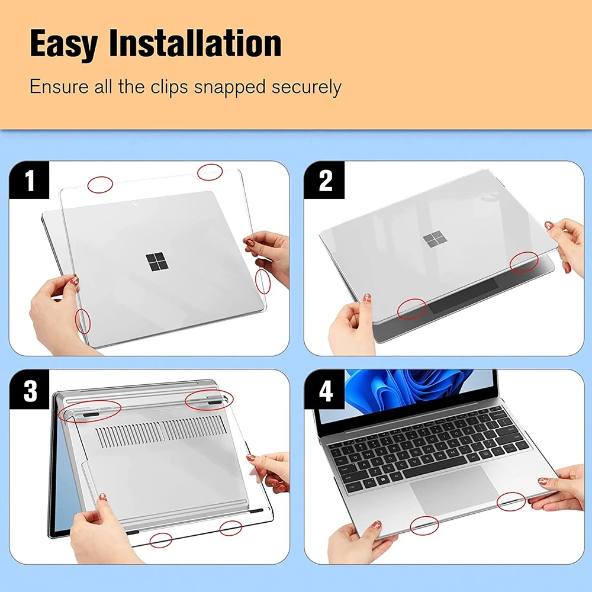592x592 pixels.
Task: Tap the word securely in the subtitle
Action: (306, 87)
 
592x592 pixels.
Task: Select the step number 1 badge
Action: (29, 181)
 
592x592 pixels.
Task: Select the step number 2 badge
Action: (325, 181)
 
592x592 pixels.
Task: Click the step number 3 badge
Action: (29, 391)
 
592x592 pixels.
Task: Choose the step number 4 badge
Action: (325, 391)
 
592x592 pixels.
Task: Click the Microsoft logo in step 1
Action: (157, 262)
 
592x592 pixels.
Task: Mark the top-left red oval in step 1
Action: (100, 184)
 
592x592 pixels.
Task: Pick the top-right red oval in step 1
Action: (210, 172)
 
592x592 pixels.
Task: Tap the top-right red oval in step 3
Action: (209, 400)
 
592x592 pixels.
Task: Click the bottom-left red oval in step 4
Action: (424, 525)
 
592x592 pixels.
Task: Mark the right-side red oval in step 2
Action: (525, 262)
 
